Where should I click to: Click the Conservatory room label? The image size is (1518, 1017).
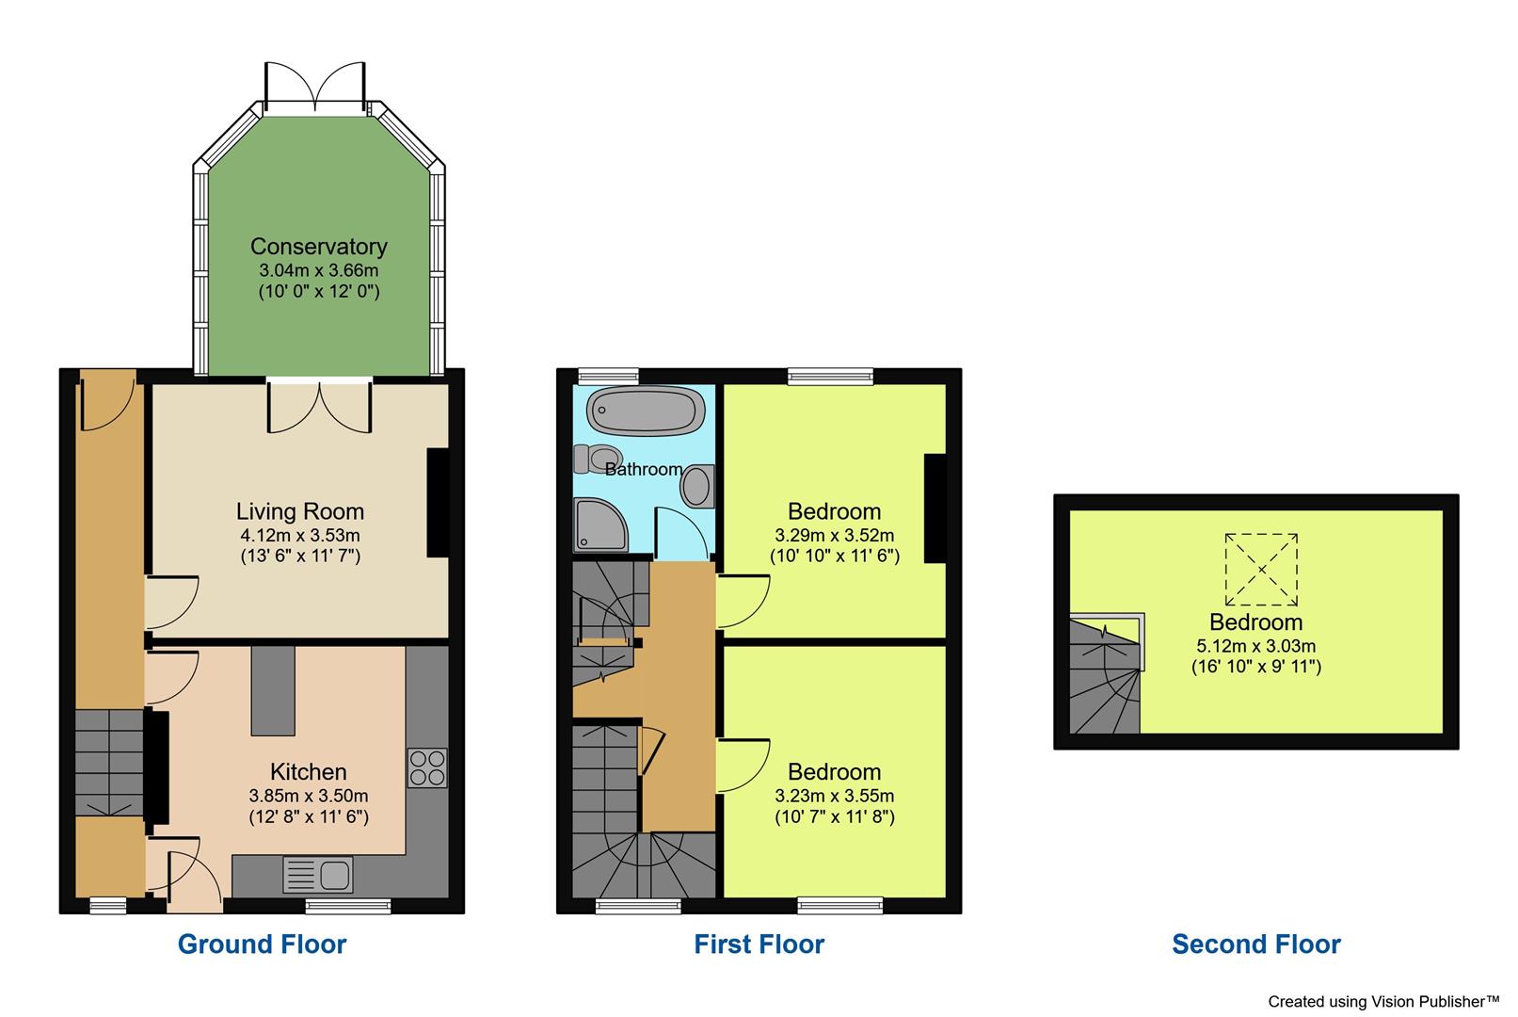[318, 247]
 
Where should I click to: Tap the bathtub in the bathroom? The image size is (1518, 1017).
[646, 412]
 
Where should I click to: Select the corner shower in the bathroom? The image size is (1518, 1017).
[599, 525]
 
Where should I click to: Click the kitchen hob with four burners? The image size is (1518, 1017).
[427, 767]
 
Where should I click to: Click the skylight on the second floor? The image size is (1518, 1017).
[1261, 570]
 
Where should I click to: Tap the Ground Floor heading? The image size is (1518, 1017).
[262, 944]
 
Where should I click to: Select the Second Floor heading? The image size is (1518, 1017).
[1255, 944]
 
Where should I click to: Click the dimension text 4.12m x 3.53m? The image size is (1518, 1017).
[299, 536]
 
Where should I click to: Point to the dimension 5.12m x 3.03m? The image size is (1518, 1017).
[1255, 646]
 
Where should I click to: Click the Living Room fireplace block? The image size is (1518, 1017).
[438, 503]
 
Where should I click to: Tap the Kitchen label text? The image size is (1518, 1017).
[309, 772]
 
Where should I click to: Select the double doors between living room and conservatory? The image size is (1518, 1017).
[319, 405]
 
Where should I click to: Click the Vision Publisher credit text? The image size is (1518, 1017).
[1382, 1001]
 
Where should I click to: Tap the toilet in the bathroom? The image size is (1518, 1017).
[592, 459]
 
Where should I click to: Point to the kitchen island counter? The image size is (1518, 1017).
[273, 690]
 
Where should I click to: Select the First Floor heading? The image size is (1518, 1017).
[759, 944]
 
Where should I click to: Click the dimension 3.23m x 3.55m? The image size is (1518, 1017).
[834, 796]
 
